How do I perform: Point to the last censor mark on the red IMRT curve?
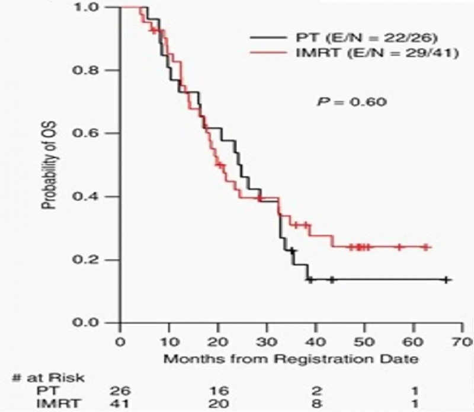coord(425,247)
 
